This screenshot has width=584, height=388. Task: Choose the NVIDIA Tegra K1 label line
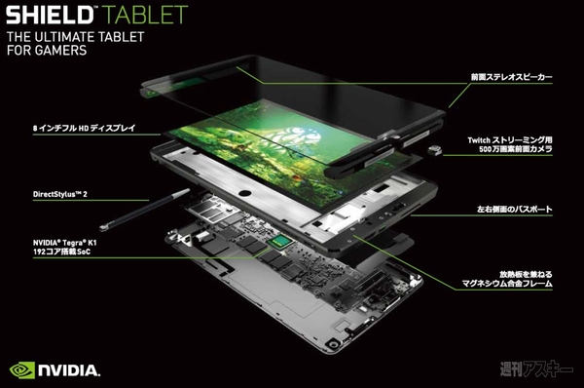click(69, 238)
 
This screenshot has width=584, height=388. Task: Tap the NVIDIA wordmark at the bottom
click(68, 370)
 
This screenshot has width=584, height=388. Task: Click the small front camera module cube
click(435, 150)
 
